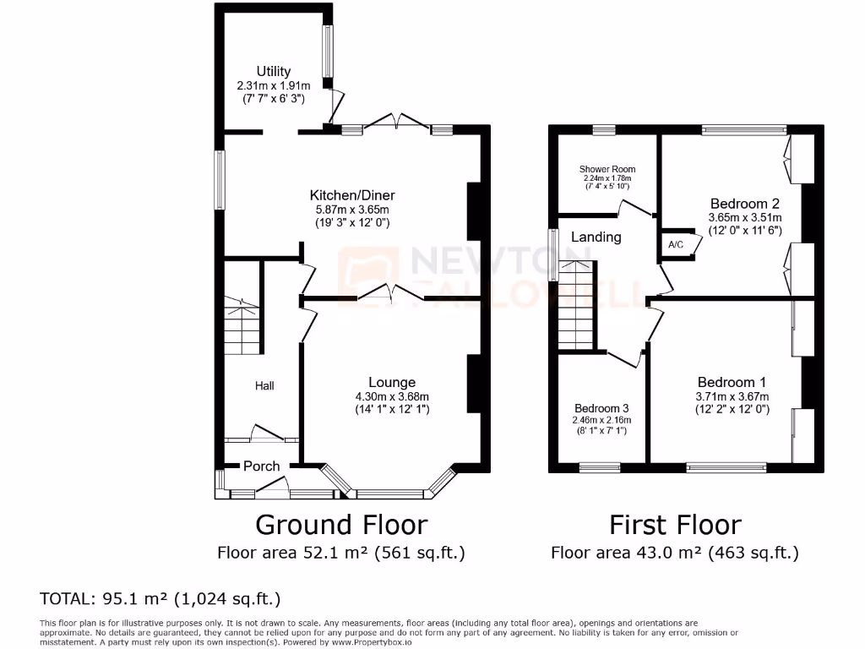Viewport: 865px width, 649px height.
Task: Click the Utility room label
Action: click(274, 72)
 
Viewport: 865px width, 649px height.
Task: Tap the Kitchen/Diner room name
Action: click(352, 195)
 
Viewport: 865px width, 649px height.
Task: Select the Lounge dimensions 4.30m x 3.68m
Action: click(391, 396)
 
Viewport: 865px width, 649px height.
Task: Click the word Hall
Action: click(264, 385)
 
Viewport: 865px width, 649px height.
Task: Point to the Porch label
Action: click(261, 466)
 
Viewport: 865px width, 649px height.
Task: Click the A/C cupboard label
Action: click(676, 244)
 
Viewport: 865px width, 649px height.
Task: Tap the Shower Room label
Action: click(607, 169)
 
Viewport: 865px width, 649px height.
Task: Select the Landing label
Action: click(596, 237)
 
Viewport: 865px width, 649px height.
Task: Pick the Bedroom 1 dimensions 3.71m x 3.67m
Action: click(732, 396)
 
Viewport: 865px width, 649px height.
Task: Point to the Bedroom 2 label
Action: click(744, 204)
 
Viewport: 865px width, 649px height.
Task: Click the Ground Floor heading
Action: click(340, 525)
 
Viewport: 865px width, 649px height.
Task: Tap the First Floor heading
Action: click(675, 525)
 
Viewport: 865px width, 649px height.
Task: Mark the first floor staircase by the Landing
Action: click(577, 308)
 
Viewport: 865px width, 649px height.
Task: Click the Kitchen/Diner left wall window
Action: click(219, 179)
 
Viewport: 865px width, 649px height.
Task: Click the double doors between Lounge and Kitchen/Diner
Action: click(389, 295)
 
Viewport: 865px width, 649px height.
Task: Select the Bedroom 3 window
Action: click(601, 466)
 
